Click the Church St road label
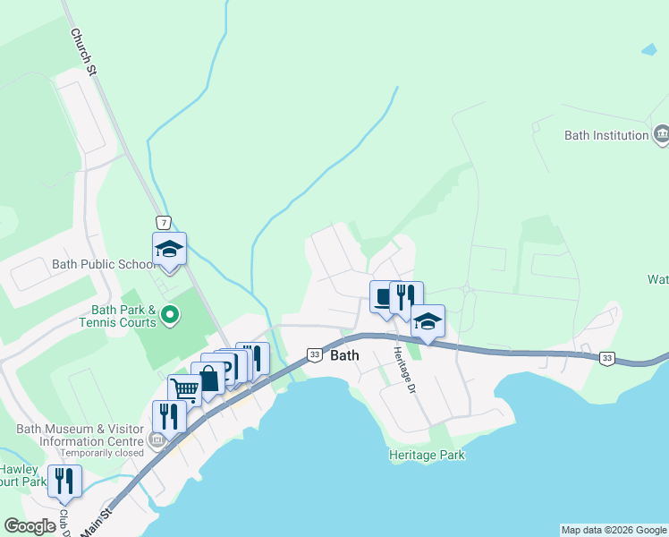82,50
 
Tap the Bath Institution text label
606,136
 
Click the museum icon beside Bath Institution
661,135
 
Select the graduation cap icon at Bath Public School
168,248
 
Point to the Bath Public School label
103,264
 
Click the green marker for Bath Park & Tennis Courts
169,315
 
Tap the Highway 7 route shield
163,222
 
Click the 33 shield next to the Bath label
315,354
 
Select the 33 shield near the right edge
607,358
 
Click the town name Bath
345,355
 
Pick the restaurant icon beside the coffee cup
406,296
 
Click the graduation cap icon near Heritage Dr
428,320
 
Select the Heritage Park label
427,455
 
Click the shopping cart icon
183,390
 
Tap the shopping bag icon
208,378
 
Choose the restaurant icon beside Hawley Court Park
65,481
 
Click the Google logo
30,526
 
